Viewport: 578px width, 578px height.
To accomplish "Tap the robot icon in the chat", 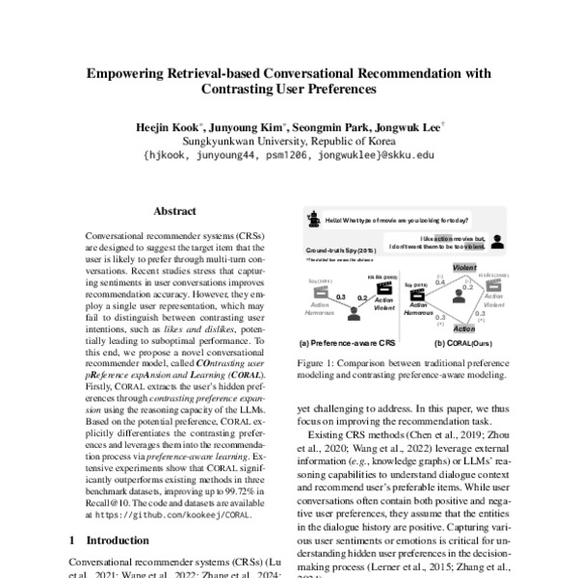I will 313,219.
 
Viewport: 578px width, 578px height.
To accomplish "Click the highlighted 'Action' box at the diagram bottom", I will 464,328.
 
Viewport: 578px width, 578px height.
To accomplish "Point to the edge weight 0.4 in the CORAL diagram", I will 439,282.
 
